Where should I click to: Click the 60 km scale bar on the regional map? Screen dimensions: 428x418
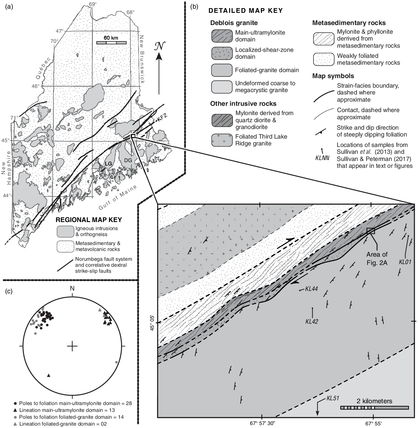click(111, 43)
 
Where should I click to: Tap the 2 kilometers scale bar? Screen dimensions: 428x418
click(374, 407)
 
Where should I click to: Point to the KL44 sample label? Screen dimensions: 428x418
click(311, 289)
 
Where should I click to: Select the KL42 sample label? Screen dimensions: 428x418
click(312, 321)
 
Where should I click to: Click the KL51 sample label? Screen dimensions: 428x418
click(333, 398)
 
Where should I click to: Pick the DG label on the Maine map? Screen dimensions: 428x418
click(128, 160)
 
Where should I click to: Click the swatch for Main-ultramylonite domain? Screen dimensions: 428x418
click(222, 36)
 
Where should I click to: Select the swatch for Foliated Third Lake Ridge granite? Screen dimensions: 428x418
click(222, 140)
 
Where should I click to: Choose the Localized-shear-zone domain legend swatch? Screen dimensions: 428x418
click(222, 53)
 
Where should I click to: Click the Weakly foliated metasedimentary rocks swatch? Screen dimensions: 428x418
click(323, 59)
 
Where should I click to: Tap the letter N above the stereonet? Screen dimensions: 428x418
click(72, 288)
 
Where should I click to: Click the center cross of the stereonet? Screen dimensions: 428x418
click(72, 346)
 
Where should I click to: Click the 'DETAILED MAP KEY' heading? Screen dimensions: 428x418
click(245, 11)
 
